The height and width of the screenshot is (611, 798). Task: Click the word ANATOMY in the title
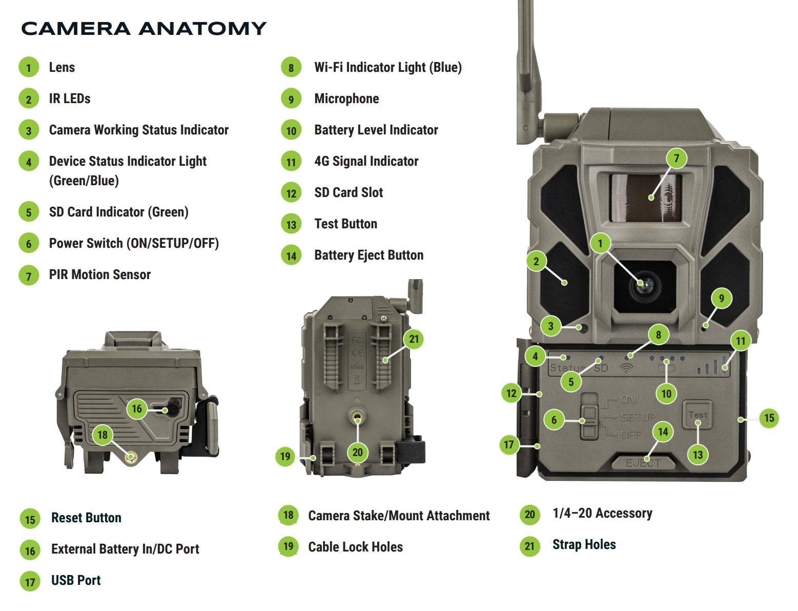[x=202, y=29]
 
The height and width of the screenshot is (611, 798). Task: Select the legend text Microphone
[x=346, y=98]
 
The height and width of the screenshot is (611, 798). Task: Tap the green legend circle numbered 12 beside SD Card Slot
[x=291, y=193]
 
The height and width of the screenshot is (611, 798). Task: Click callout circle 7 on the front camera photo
[x=676, y=159]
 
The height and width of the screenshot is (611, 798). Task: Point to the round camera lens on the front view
[x=644, y=286]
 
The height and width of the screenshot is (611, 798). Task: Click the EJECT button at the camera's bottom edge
[x=643, y=463]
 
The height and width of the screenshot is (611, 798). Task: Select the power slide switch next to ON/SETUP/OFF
[x=589, y=416]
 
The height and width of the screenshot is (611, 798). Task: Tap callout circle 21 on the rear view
[x=414, y=339]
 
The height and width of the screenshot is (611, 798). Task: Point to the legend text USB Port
[x=76, y=580]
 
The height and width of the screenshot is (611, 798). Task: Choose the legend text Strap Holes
[x=584, y=544]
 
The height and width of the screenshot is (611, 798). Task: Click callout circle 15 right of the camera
[x=769, y=418]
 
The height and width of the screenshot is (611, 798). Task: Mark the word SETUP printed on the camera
[x=638, y=417]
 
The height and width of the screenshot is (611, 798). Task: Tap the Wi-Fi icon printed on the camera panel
[x=626, y=368]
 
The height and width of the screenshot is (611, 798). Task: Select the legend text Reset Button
[x=86, y=518]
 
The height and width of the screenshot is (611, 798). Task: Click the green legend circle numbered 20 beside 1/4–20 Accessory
[x=529, y=515]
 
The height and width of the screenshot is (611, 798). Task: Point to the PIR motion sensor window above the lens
[x=645, y=198]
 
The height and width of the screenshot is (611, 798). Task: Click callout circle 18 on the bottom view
[x=103, y=435]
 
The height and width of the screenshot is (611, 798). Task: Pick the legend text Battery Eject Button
[x=369, y=255]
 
